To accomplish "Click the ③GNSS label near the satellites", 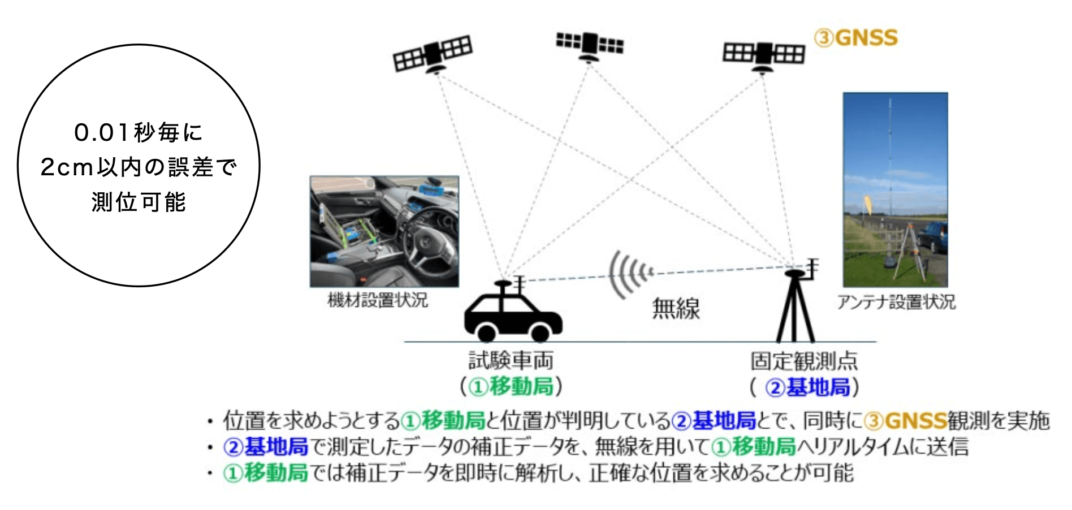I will [x=855, y=38].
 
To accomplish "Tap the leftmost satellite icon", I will [x=433, y=54].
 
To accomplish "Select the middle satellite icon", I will [x=590, y=44].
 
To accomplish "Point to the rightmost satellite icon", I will [x=763, y=55].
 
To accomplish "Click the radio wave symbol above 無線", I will [x=629, y=274].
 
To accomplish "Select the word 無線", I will [x=676, y=309].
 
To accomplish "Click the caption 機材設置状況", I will [x=378, y=300].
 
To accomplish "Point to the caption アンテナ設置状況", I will [x=896, y=302].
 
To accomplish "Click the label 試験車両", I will [x=511, y=360].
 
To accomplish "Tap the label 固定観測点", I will [x=803, y=360].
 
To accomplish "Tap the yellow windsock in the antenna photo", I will [x=867, y=204].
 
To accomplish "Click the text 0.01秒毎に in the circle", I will [x=139, y=133].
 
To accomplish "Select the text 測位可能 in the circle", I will [x=139, y=202].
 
